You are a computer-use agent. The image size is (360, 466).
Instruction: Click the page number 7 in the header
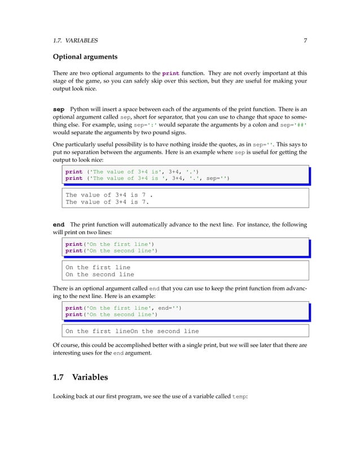click(x=305, y=41)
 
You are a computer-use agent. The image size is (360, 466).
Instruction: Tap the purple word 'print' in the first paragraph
click(x=170, y=73)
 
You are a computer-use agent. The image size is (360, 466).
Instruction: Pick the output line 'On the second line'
click(x=99, y=275)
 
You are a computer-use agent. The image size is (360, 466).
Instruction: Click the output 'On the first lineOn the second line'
click(x=132, y=331)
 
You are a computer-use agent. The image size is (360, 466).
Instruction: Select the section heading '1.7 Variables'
click(x=85, y=377)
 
